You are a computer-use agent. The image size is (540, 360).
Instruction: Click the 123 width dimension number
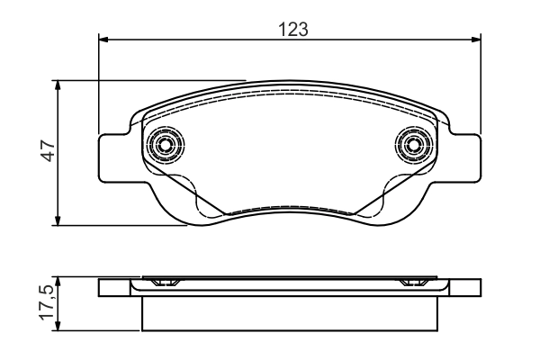coord(293,30)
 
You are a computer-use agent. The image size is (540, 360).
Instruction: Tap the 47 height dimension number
coord(48,151)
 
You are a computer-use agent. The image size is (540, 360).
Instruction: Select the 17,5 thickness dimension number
coord(47,302)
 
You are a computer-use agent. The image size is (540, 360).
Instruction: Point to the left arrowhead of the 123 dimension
coord(103,40)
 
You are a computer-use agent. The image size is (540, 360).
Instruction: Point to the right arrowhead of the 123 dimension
coord(476,40)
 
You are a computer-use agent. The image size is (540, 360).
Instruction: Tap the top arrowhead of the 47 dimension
coord(58,85)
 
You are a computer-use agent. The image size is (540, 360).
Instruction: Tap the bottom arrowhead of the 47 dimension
coord(58,220)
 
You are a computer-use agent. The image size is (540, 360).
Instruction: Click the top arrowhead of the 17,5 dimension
coord(58,282)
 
